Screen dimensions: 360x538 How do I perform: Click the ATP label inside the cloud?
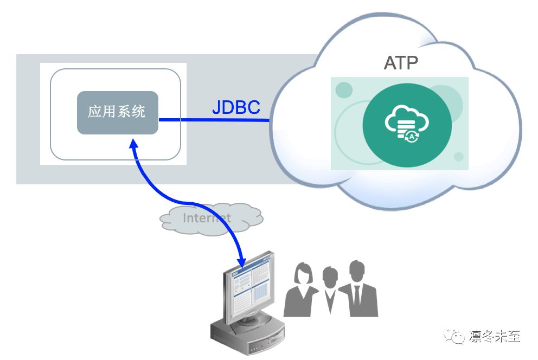401,63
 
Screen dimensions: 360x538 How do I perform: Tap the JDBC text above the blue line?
236,107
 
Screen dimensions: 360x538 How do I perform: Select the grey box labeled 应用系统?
117,112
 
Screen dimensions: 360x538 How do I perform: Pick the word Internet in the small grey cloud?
207,218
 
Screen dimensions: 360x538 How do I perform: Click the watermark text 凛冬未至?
493,337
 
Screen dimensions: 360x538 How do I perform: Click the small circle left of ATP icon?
344,91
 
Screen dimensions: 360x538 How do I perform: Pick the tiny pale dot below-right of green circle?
459,157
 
